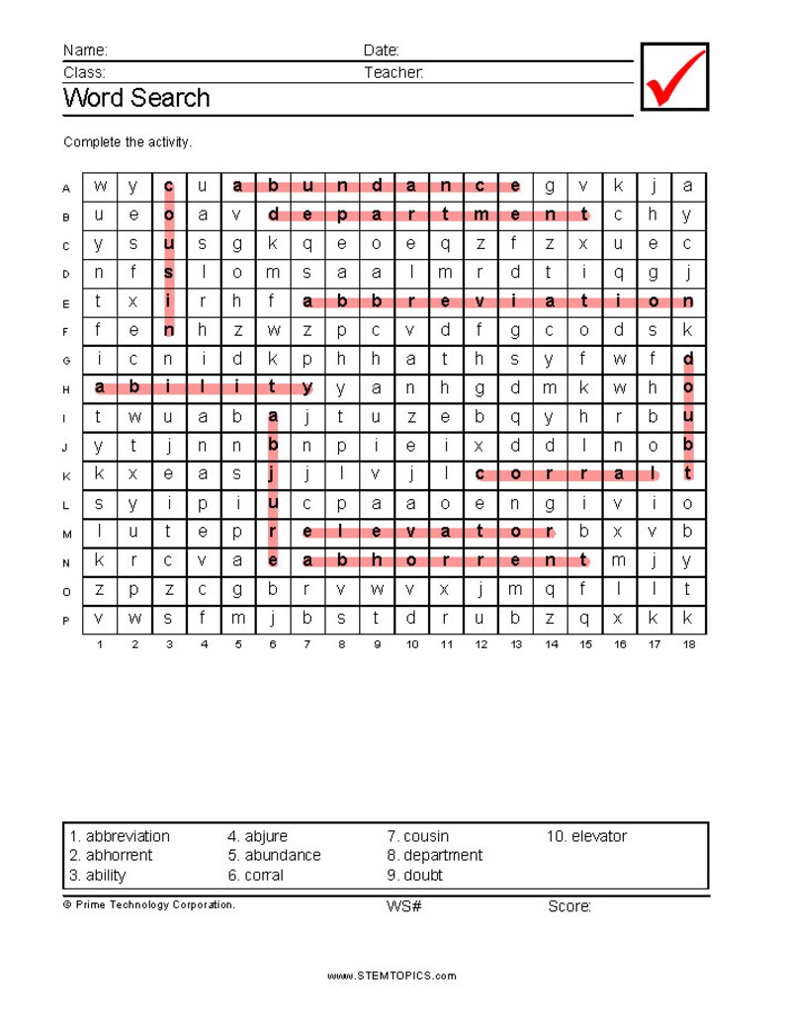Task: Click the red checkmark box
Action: coord(675,76)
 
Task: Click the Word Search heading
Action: coord(136,98)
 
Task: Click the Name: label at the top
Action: coord(85,50)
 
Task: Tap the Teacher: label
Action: coord(393,72)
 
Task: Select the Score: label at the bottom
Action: coord(569,906)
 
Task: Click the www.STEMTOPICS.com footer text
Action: coord(392,976)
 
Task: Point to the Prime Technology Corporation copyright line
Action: coord(149,904)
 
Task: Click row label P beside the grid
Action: coord(66,621)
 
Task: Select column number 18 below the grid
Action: coord(689,644)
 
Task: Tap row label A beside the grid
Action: coord(66,188)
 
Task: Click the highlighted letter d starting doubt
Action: coord(688,359)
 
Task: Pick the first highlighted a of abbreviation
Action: coord(307,301)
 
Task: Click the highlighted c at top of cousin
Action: coord(169,186)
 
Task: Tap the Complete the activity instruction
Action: coord(128,142)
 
